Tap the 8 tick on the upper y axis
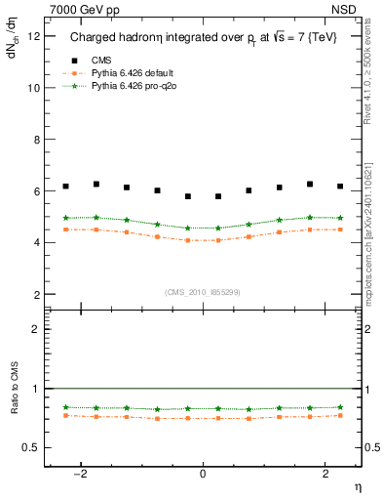(35, 140)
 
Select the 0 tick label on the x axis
(203, 474)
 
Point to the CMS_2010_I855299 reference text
(203, 291)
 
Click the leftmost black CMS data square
(65, 186)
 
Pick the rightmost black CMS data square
(340, 186)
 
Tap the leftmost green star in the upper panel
(65, 218)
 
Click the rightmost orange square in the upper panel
(340, 229)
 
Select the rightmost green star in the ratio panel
(340, 407)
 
